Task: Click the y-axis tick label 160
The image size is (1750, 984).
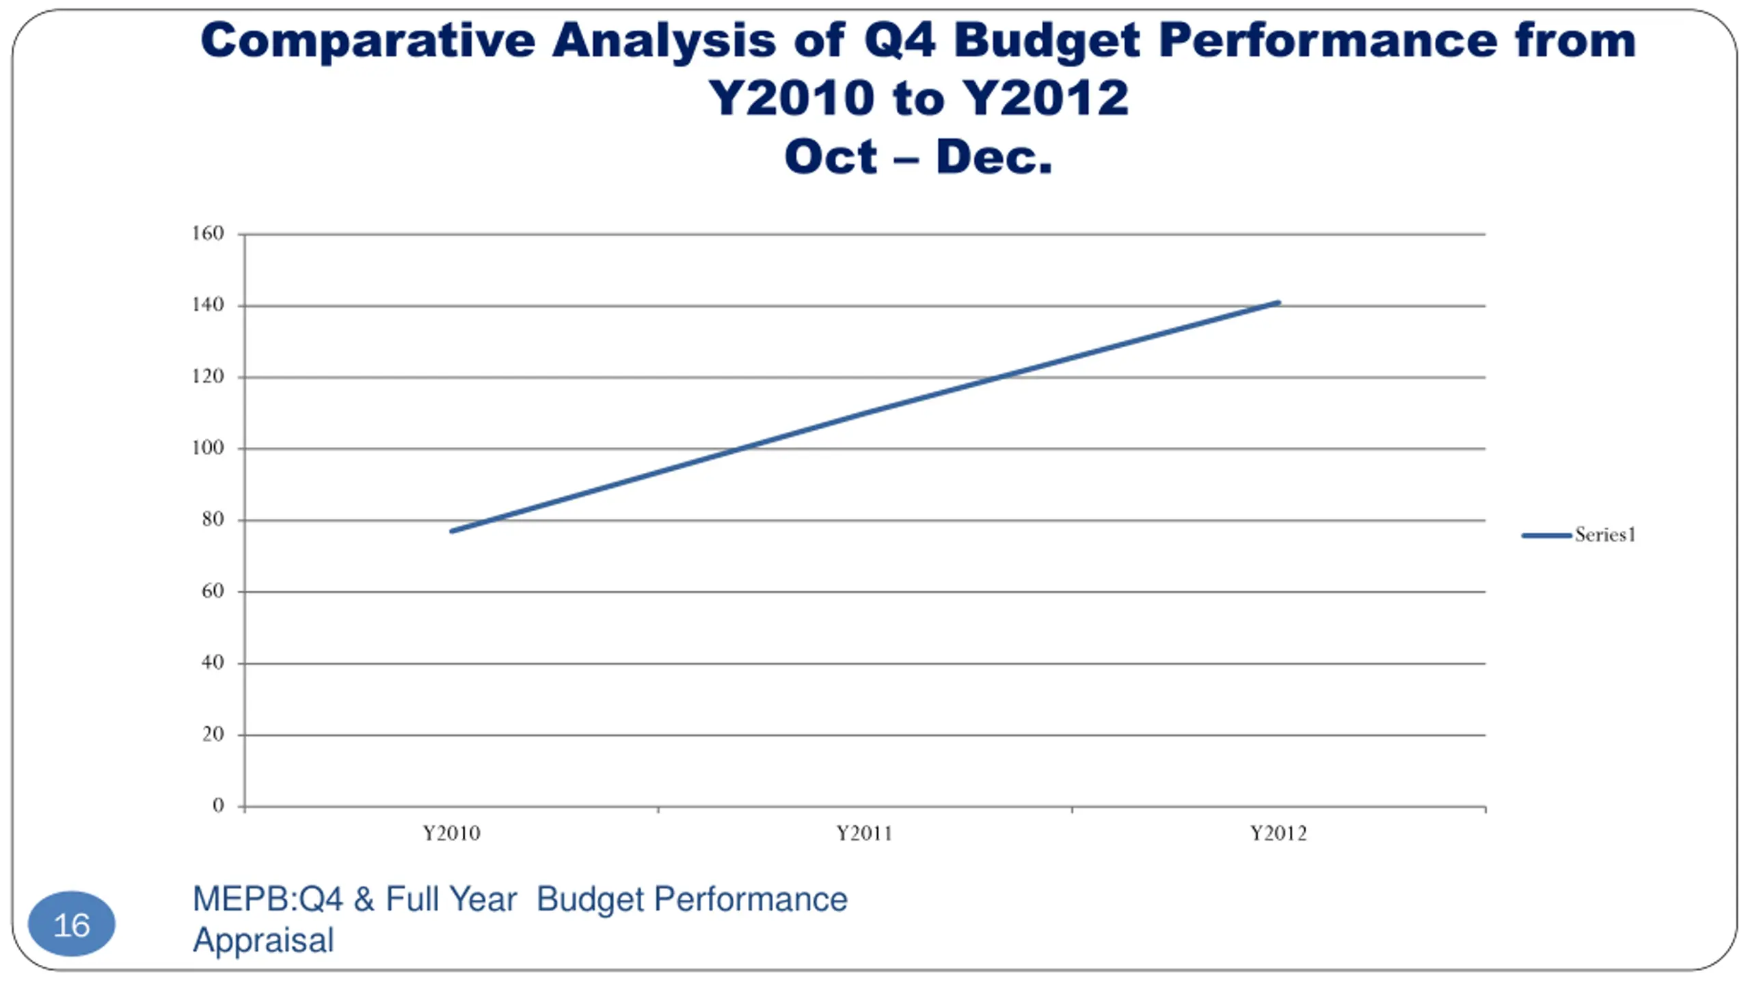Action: coord(208,234)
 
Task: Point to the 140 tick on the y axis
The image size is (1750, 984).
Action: coord(208,305)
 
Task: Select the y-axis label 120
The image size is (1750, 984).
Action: coord(208,377)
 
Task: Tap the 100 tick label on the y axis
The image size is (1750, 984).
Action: coord(208,448)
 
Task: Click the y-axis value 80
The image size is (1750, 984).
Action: coord(213,520)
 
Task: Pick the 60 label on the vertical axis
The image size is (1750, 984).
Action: coord(213,591)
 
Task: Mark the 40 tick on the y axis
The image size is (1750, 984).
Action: coord(213,663)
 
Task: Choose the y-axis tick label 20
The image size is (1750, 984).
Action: coord(213,735)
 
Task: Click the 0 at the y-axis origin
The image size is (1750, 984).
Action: coord(218,806)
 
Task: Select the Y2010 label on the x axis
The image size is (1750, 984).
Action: coord(451,834)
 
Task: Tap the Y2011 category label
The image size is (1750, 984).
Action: coord(865,834)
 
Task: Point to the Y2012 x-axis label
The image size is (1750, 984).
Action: coord(1278,834)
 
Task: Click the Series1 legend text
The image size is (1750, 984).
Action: coord(1605,535)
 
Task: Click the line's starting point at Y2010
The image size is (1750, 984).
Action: coord(452,531)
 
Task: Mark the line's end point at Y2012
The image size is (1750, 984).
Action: coord(1278,302)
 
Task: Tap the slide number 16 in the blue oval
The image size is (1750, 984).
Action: coord(72,925)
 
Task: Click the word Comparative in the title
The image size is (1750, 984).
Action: coord(368,41)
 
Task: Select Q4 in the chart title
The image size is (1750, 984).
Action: coord(900,41)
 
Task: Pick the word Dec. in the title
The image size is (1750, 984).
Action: coord(994,157)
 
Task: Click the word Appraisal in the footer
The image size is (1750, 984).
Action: coord(264,940)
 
